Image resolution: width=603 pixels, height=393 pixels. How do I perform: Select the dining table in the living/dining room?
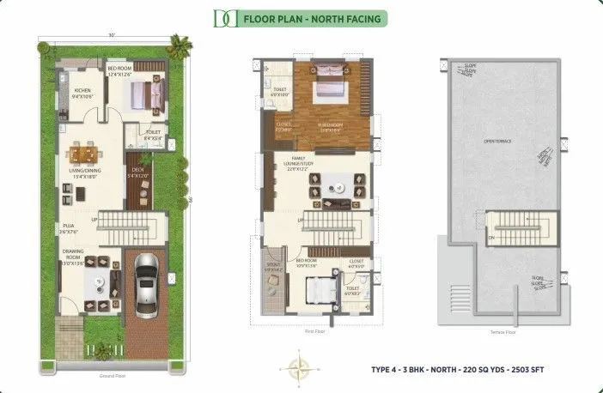84,154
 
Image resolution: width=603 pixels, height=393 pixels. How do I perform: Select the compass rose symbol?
301,370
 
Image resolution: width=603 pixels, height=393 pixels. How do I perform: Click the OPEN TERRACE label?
498,141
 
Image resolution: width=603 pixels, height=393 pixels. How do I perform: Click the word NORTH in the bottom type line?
451,369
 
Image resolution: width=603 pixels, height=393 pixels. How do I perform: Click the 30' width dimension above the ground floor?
112,36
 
